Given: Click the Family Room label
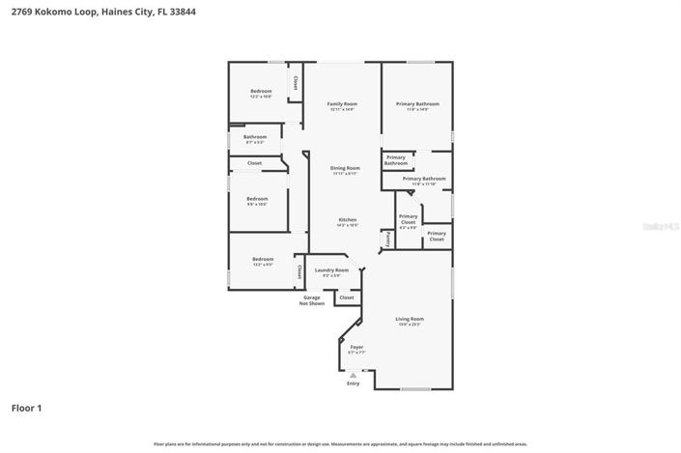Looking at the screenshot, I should pyautogui.click(x=342, y=103).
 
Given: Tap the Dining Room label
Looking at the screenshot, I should pyautogui.click(x=345, y=168).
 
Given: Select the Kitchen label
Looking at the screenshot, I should pyautogui.click(x=347, y=220).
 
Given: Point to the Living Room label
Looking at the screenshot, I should pyautogui.click(x=410, y=319).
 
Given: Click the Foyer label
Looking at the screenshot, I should pyautogui.click(x=356, y=347).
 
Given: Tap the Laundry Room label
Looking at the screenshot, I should pyautogui.click(x=331, y=270).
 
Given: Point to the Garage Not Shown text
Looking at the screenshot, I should pyautogui.click(x=311, y=300).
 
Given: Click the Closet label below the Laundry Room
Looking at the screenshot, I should pyautogui.click(x=347, y=297).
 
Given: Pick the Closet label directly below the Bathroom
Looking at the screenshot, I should pyautogui.click(x=254, y=163).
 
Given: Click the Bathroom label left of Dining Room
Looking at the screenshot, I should pyautogui.click(x=255, y=137).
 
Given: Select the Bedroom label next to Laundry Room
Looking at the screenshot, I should pyautogui.click(x=263, y=259).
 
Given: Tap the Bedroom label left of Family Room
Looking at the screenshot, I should pyautogui.click(x=261, y=92).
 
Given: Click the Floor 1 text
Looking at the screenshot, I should pyautogui.click(x=26, y=408).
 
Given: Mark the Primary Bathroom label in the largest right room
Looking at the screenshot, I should pyautogui.click(x=417, y=103).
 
